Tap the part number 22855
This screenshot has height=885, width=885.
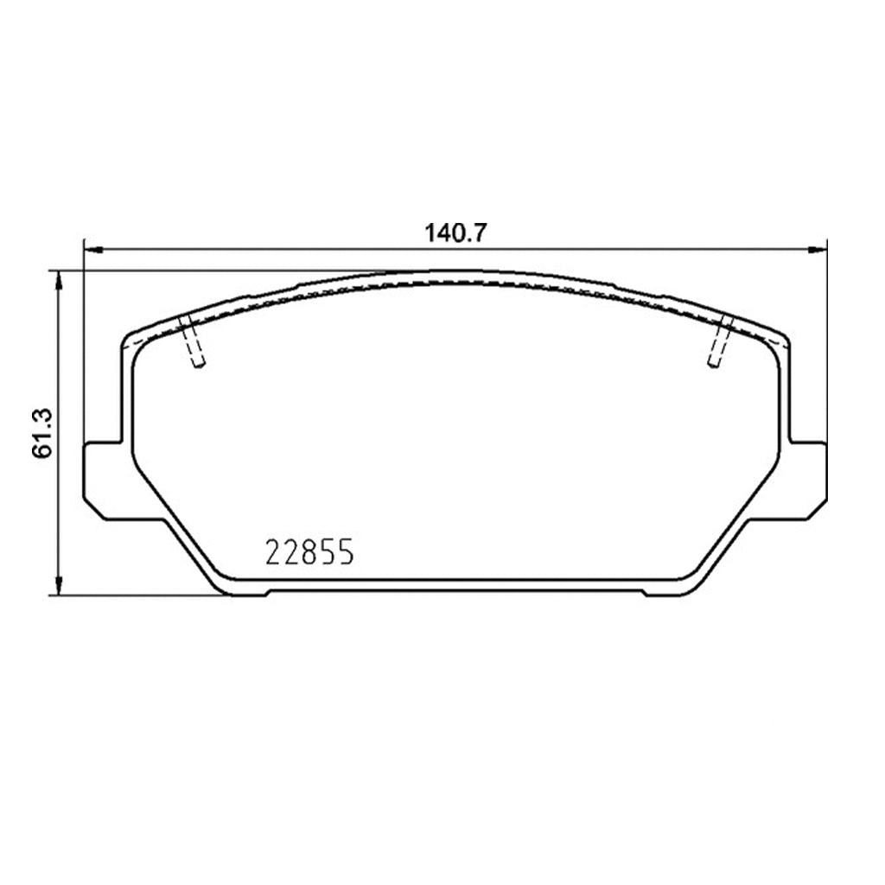pos(309,552)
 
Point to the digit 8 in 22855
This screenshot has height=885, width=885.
pos(309,552)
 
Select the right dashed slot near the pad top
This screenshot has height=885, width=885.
pos(720,341)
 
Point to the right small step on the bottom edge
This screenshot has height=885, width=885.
pos(643,593)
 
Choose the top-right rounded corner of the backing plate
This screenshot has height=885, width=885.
pos(783,339)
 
